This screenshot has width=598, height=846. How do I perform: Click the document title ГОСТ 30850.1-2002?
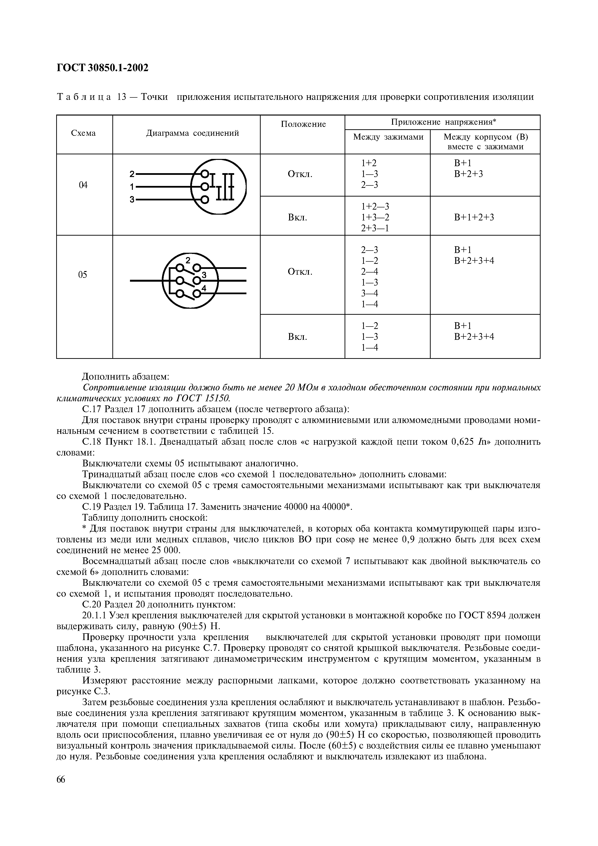pos(102,68)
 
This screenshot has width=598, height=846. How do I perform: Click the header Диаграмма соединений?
pos(192,133)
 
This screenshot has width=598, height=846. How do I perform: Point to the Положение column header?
pos(303,124)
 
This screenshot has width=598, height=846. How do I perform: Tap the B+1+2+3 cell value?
pos(474,217)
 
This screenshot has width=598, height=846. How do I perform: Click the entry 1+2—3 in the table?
pos(375,207)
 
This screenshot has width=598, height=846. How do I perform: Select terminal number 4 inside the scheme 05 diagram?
pos(203,288)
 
